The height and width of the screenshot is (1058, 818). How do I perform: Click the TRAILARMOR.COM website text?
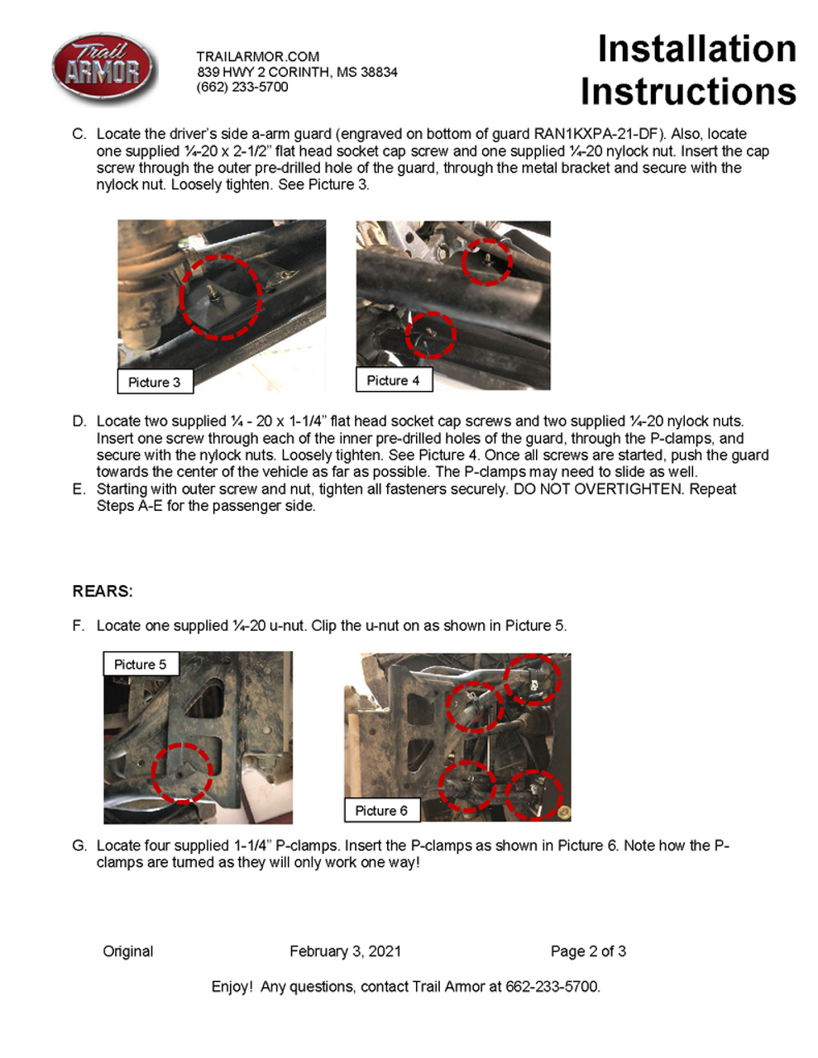tap(257, 56)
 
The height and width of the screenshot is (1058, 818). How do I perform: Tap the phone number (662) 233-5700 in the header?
tap(242, 87)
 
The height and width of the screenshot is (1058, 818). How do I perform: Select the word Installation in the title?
tap(696, 49)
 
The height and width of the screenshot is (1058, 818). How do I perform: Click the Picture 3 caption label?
tap(154, 382)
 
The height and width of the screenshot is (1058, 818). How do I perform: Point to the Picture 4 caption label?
tap(393, 380)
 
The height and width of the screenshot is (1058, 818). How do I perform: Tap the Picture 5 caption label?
tap(140, 665)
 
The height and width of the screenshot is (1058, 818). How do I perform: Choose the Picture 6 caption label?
tap(381, 811)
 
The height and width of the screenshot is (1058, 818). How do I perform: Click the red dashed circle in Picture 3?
tap(220, 297)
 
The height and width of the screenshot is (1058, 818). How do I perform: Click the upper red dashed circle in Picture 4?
tap(486, 261)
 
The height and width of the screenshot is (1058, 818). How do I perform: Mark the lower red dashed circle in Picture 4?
tap(431, 335)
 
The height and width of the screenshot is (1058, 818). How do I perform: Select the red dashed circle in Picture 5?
tap(182, 773)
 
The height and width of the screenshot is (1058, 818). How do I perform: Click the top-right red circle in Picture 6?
tap(533, 679)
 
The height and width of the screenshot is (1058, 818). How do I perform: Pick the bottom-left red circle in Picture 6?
tap(466, 786)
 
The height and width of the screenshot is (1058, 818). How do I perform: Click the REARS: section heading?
tap(103, 591)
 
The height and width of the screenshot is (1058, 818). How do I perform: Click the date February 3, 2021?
tap(345, 951)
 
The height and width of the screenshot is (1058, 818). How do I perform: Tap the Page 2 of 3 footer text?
tap(588, 951)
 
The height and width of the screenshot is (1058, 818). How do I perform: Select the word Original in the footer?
tap(128, 951)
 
